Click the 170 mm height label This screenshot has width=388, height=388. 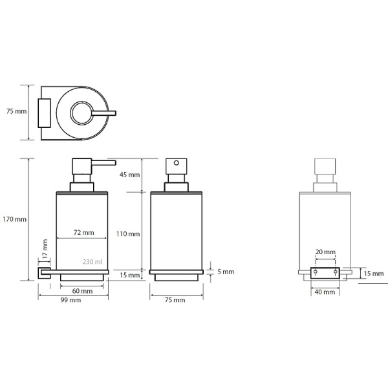[x=15, y=219]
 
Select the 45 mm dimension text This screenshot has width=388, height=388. [x=130, y=175]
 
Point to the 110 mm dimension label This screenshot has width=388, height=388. [x=128, y=234]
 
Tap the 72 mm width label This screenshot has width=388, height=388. [x=84, y=233]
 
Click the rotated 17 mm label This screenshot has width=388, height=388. [x=45, y=249]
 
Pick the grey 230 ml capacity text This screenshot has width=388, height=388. [x=92, y=262]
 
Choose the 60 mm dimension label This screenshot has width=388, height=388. [x=82, y=291]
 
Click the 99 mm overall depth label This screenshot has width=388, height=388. [x=70, y=300]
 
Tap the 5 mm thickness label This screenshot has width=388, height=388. [x=226, y=272]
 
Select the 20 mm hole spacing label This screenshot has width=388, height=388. [x=325, y=252]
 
